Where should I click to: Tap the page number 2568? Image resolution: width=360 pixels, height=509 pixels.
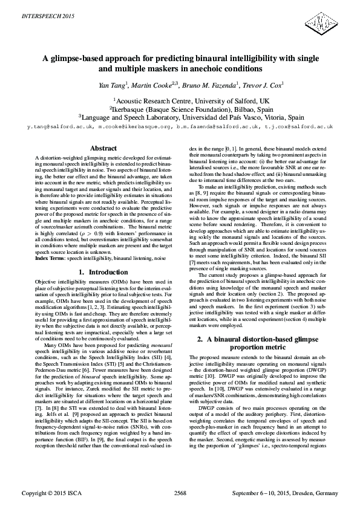(x=180, y=494)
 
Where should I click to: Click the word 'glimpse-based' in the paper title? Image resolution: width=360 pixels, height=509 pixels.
(x=75, y=59)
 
